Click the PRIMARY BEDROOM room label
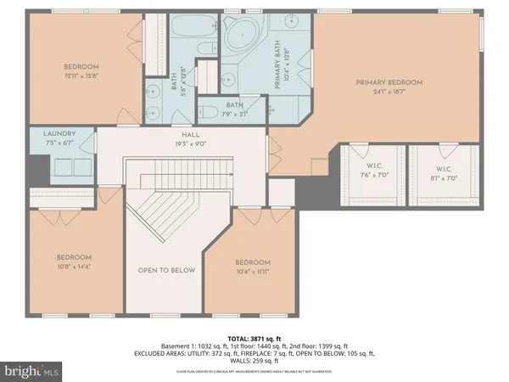point(389,82)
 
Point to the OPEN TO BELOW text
point(166,271)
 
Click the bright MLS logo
point(34,371)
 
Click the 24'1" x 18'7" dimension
point(389,92)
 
